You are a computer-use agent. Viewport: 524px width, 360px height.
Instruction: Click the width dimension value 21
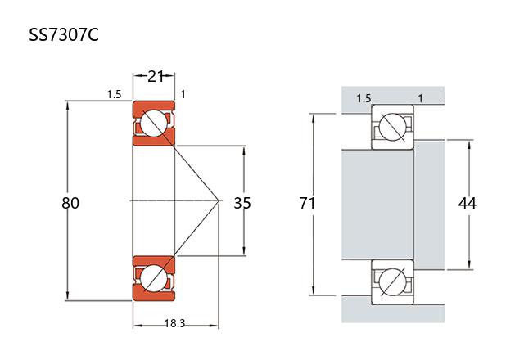[155, 76]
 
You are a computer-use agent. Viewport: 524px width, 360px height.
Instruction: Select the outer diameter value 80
[70, 203]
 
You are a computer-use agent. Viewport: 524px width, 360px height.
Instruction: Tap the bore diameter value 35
[242, 203]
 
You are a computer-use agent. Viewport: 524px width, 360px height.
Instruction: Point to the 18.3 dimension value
[174, 324]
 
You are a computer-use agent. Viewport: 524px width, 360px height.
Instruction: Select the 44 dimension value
[468, 203]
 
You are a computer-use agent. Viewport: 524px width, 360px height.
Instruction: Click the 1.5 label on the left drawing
[114, 95]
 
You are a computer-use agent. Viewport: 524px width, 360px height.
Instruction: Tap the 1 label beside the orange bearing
[183, 95]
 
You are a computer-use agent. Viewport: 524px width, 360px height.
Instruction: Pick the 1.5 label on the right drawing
[363, 99]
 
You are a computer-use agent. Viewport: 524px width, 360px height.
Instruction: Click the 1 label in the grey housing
[420, 99]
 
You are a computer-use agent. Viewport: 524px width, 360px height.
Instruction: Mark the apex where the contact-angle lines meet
[219, 200]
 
